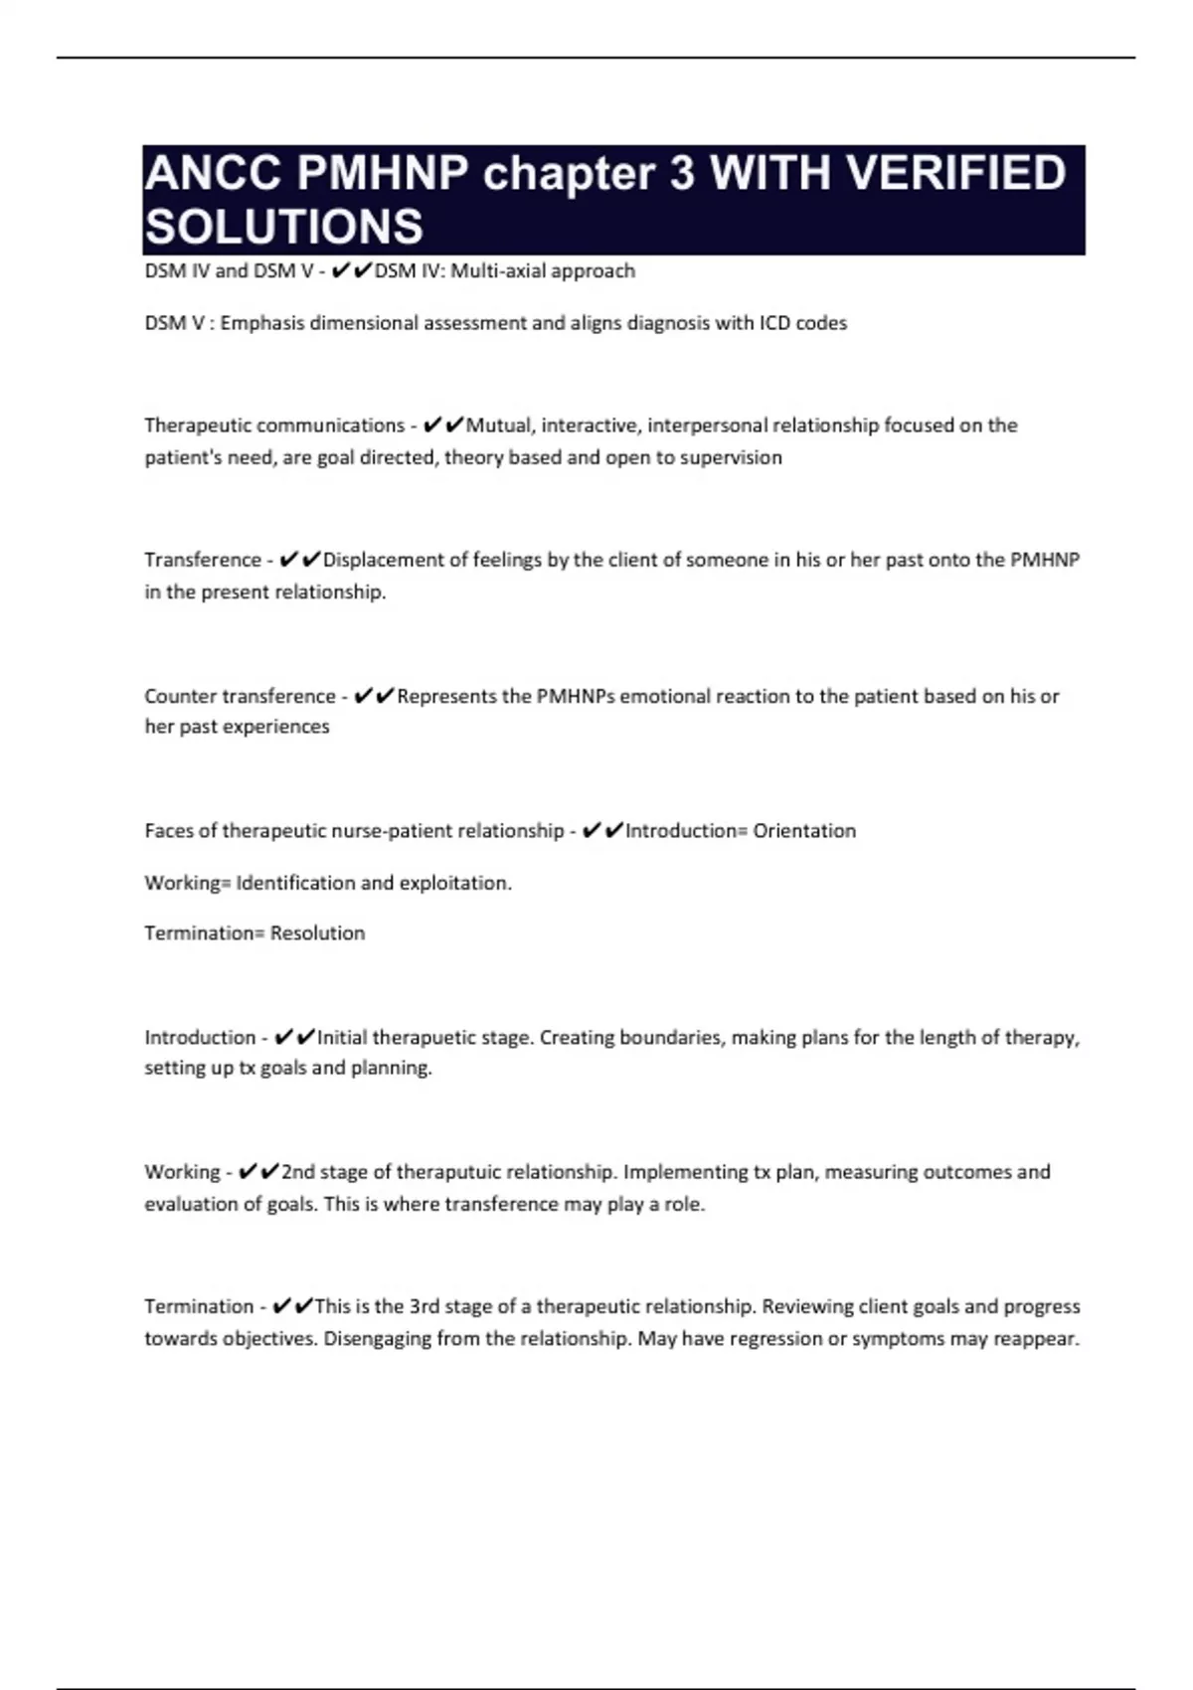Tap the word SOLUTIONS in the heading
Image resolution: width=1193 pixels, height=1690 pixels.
[x=284, y=227]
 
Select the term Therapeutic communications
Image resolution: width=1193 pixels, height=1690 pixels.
[x=273, y=425]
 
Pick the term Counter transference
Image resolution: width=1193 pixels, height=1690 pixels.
[x=240, y=696]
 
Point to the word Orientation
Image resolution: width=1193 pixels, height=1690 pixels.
[x=804, y=831]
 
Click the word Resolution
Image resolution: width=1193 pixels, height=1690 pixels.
[x=317, y=933]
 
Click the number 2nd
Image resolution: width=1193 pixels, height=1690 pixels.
[x=297, y=1172]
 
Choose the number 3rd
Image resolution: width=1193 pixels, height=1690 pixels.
[x=424, y=1306]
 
